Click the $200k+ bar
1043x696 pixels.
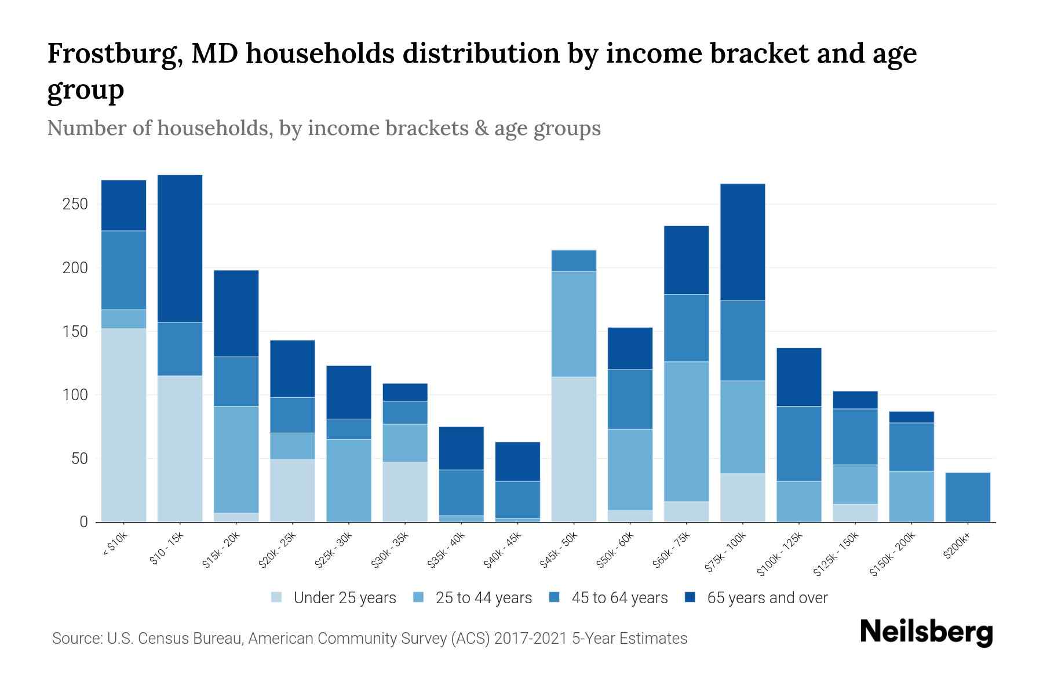(x=967, y=497)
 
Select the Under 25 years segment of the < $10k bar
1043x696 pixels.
(x=123, y=425)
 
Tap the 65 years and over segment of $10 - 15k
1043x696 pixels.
(x=180, y=248)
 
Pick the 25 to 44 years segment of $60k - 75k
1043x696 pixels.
(x=686, y=432)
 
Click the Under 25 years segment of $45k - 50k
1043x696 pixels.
(x=574, y=449)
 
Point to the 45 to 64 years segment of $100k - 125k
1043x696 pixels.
(x=798, y=444)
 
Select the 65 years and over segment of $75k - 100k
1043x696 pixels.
(x=742, y=242)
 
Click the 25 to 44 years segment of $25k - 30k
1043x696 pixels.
(x=349, y=480)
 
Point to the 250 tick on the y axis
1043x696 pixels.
(x=75, y=204)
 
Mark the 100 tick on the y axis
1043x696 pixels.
(x=75, y=395)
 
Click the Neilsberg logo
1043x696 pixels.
(x=926, y=632)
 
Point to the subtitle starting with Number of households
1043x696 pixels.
(x=323, y=128)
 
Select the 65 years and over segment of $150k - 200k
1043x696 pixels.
(x=911, y=417)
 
